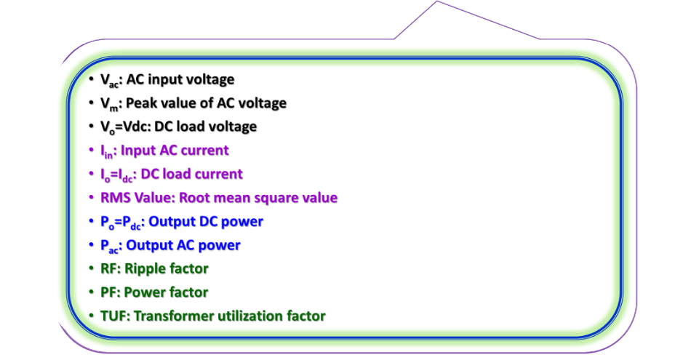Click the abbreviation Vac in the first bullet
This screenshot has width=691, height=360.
[110, 80]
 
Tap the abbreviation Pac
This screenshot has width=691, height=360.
[110, 245]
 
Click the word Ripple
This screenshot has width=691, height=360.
[143, 268]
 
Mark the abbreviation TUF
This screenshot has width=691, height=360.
[113, 316]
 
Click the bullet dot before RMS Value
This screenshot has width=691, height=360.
[90, 198]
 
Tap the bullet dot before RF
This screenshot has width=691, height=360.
[90, 268]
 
